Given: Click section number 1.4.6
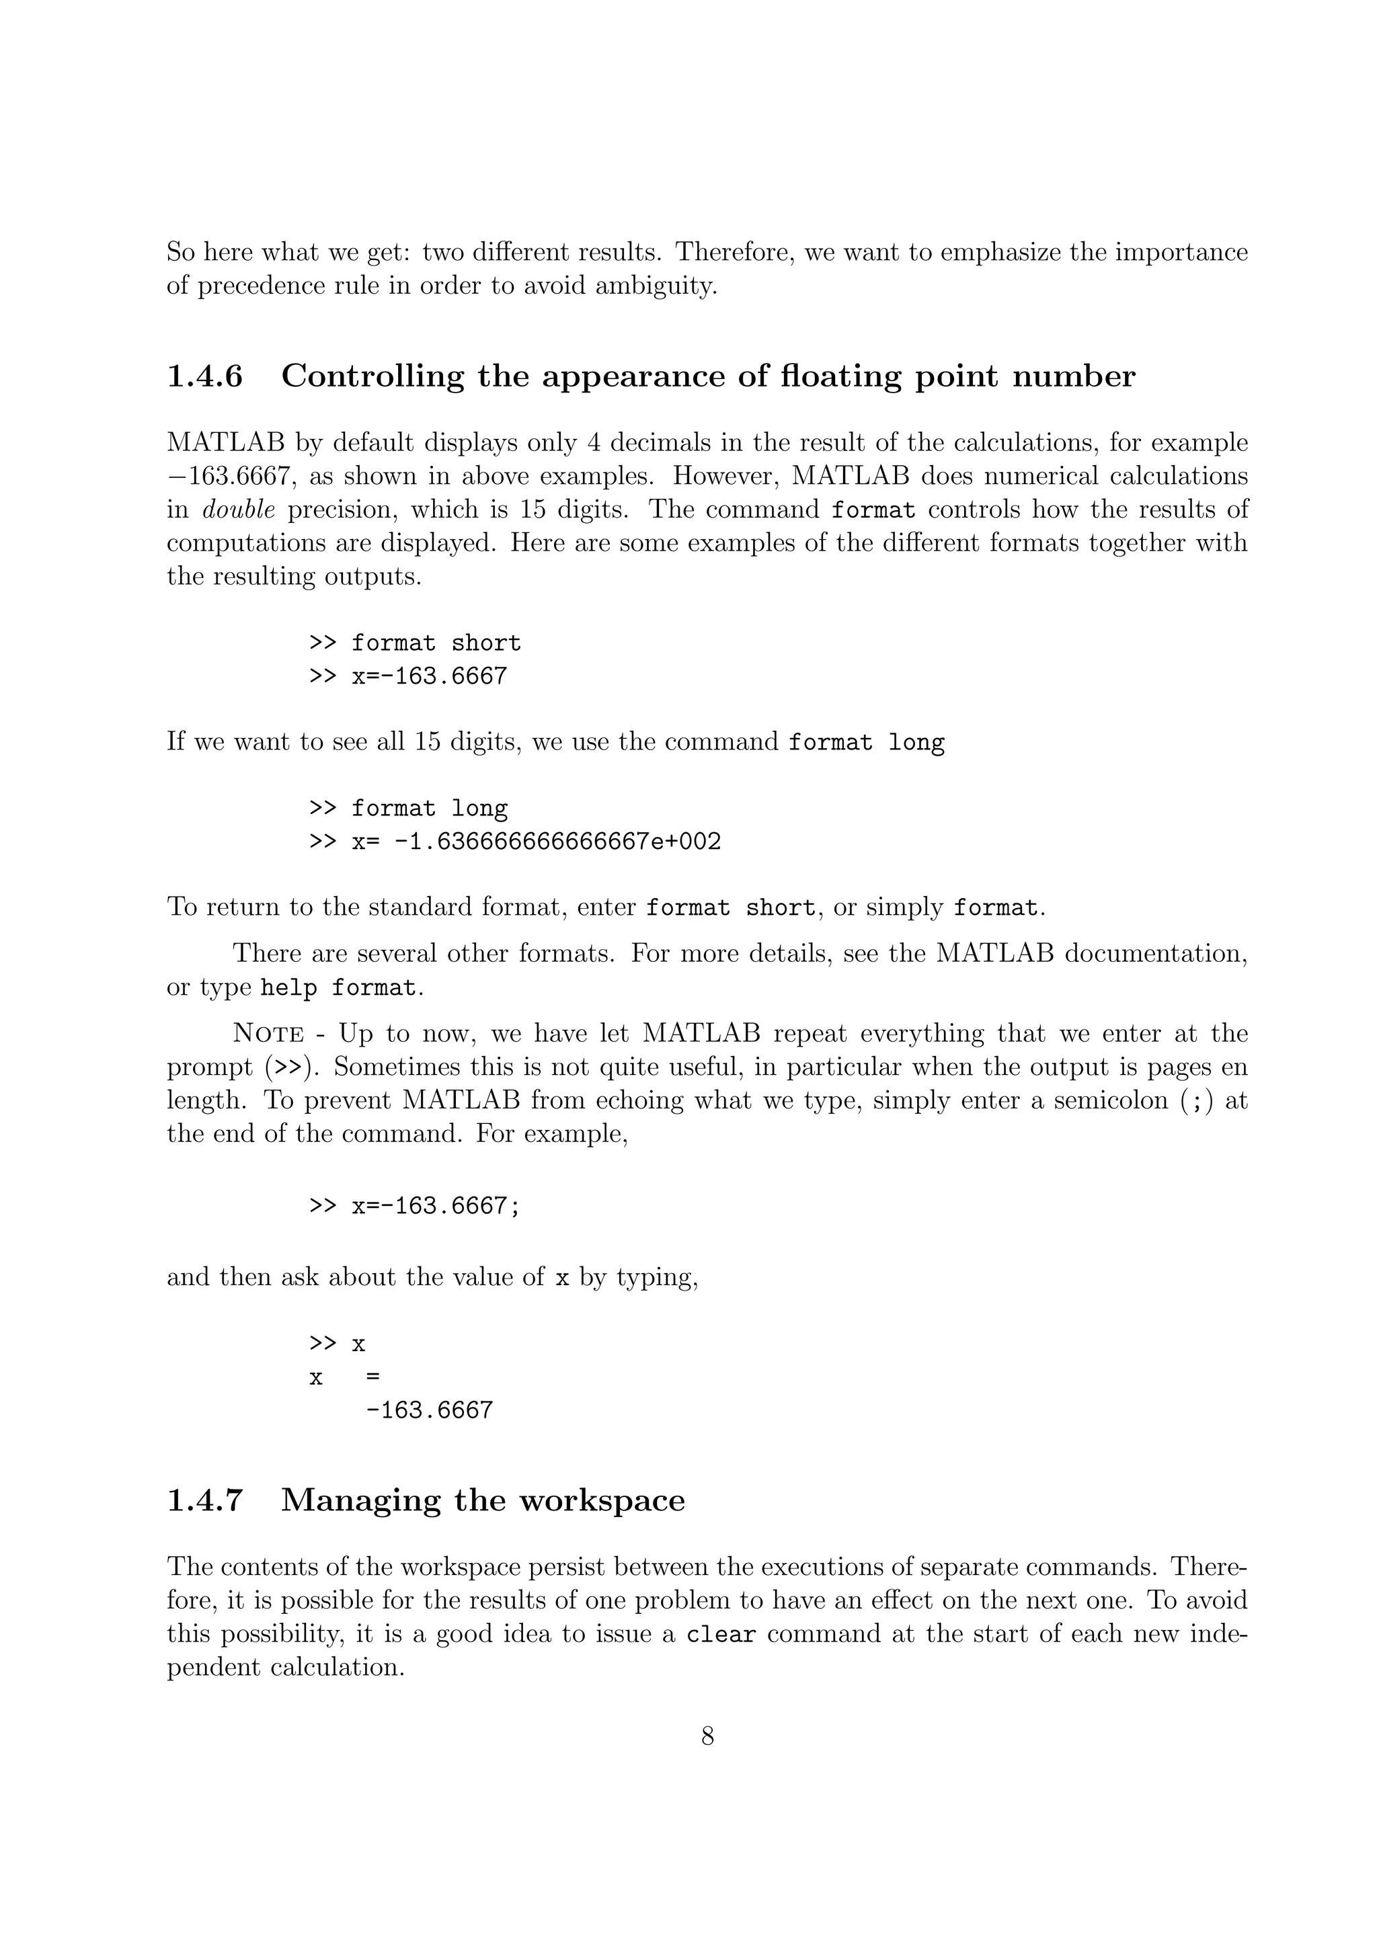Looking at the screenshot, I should click(204, 376).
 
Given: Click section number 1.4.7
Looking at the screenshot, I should click(204, 1500).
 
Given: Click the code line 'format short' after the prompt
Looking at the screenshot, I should click(436, 643).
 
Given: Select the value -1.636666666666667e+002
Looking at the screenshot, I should click(557, 842).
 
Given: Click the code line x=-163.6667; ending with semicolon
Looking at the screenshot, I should click(436, 1206).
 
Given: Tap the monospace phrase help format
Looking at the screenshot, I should click(338, 988).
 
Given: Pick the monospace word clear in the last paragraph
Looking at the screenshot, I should click(720, 1635).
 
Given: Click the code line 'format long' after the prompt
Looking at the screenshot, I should click(430, 809).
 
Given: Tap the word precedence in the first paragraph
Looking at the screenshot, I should click(255, 286).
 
